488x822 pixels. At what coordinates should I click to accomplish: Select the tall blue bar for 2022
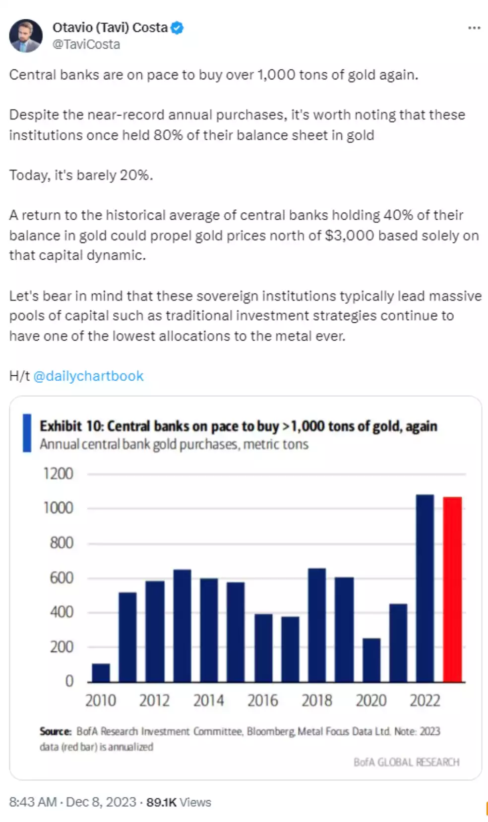click(425, 588)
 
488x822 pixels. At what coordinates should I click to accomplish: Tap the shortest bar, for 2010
click(101, 673)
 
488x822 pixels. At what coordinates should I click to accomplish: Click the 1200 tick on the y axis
click(58, 474)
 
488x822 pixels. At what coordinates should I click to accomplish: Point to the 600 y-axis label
click(61, 578)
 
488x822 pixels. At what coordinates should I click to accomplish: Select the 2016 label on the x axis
click(262, 701)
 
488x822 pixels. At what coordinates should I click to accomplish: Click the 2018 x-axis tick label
click(316, 701)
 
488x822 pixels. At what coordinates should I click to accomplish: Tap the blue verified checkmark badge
click(177, 28)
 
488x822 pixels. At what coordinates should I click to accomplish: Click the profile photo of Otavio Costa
click(26, 36)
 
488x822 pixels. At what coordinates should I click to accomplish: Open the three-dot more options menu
click(474, 28)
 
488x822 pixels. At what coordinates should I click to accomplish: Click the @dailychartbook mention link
click(88, 376)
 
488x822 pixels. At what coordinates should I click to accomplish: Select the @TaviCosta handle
click(86, 45)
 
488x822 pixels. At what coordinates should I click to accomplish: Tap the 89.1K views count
click(161, 802)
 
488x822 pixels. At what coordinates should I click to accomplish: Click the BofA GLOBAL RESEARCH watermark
click(406, 762)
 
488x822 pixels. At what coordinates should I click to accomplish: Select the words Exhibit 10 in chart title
click(70, 426)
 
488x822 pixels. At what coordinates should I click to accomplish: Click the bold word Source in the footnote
click(56, 731)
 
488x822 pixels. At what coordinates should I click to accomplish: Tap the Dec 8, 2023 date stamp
click(101, 802)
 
